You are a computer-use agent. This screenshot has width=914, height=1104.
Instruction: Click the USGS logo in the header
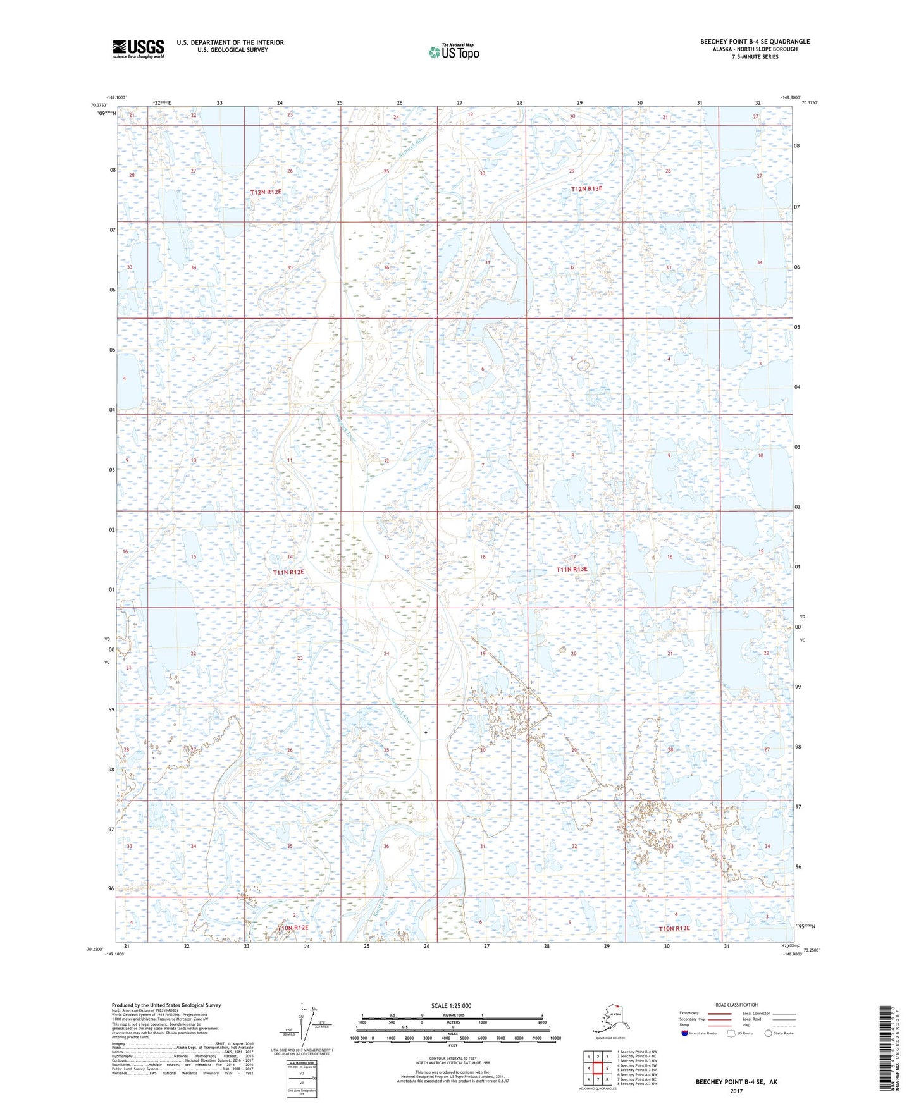(x=138, y=49)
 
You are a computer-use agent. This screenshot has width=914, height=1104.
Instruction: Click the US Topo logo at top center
(x=453, y=52)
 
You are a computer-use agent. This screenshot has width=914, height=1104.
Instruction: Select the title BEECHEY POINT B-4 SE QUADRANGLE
(x=754, y=42)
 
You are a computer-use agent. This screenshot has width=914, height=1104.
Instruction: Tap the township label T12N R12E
(x=266, y=192)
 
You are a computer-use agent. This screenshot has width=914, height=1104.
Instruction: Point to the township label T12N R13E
(x=586, y=189)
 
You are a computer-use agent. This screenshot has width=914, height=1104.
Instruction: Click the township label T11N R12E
(x=288, y=572)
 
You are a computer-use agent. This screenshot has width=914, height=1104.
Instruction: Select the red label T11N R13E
(x=572, y=569)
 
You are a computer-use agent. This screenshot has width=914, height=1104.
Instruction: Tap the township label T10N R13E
(x=674, y=928)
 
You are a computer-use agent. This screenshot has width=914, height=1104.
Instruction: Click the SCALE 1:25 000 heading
(x=451, y=1006)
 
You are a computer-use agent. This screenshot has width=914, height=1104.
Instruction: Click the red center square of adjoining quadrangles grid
(x=598, y=1068)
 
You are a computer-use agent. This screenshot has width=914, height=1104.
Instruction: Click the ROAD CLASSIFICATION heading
(x=736, y=1005)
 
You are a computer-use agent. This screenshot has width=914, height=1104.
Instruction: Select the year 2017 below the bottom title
(x=736, y=1091)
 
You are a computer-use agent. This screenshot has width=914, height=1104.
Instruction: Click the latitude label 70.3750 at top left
(x=98, y=106)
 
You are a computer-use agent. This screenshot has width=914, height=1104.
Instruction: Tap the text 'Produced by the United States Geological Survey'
(x=166, y=1005)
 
